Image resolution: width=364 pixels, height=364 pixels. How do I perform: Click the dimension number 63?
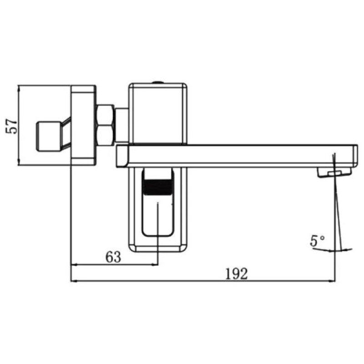pyautogui.click(x=113, y=257)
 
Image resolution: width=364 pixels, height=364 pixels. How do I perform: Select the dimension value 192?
pyautogui.click(x=237, y=273)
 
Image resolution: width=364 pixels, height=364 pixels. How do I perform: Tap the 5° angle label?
pyautogui.click(x=318, y=241)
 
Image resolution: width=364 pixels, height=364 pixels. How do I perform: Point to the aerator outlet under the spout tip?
pyautogui.click(x=334, y=172)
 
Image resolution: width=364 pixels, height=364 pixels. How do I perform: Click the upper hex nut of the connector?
pyautogui.click(x=106, y=114)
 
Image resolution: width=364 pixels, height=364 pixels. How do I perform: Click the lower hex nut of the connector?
pyautogui.click(x=106, y=135)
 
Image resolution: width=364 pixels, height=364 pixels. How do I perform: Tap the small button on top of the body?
pyautogui.click(x=157, y=82)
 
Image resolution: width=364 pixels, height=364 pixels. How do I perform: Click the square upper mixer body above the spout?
pyautogui.click(x=157, y=114)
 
